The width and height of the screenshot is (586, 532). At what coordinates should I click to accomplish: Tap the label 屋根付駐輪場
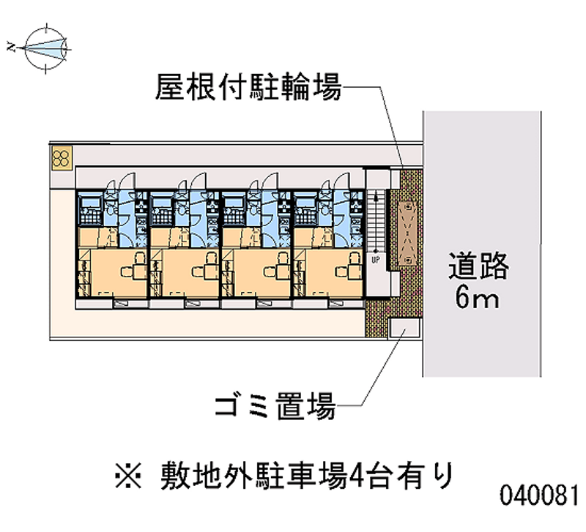point(248,89)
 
